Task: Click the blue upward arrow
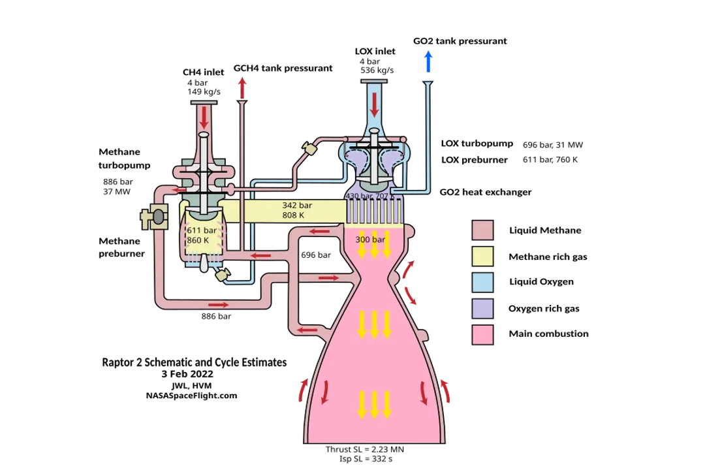(428, 61)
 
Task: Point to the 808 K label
(293, 215)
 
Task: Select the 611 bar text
(202, 230)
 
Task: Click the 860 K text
(198, 240)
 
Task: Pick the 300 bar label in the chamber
(370, 240)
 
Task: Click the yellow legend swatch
(482, 257)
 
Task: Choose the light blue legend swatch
(482, 282)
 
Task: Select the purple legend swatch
(482, 308)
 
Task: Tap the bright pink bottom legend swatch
(482, 334)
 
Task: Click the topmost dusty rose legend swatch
(482, 230)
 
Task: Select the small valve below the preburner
(221, 275)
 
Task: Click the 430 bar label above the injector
(360, 196)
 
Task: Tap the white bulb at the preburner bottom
(206, 263)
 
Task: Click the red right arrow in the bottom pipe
(219, 304)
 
